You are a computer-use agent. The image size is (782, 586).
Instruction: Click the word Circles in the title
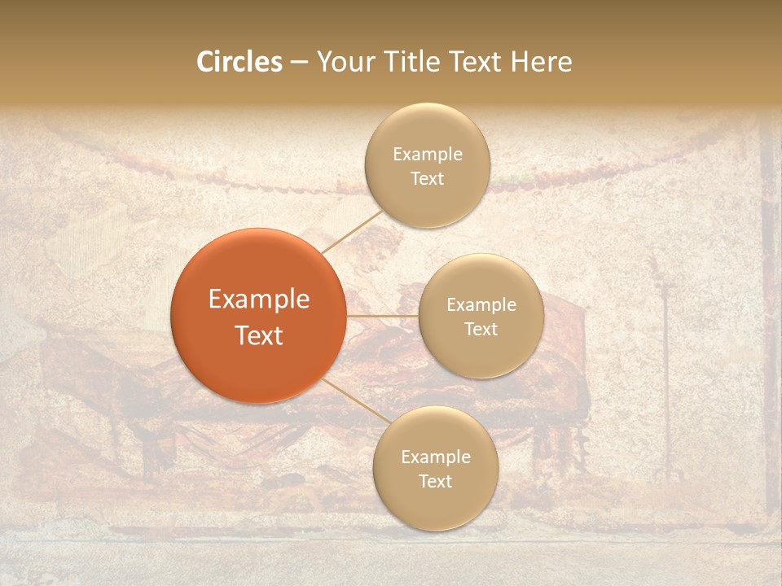point(239,62)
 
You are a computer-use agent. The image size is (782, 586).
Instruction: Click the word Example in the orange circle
point(258,300)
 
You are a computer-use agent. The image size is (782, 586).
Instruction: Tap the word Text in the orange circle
point(258,335)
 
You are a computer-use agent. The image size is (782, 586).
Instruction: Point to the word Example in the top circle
point(427,155)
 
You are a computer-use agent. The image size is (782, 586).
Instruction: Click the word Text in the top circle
point(427,179)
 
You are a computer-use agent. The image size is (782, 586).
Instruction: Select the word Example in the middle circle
point(481,305)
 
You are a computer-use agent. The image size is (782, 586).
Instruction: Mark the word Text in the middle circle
point(481,330)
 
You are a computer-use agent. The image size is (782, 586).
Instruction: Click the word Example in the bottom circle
point(435,457)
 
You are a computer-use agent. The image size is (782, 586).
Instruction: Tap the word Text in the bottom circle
point(435,482)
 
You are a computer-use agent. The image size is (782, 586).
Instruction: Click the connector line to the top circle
point(352,232)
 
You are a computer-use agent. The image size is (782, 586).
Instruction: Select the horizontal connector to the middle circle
point(382,316)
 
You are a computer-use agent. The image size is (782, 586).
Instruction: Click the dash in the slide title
point(299,63)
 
